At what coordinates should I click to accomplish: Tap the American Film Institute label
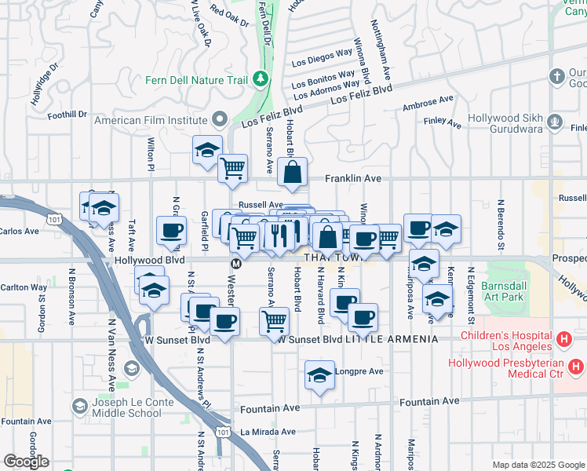click(150, 121)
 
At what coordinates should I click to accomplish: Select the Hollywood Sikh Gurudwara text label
click(506, 122)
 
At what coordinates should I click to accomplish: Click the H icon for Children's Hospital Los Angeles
click(563, 340)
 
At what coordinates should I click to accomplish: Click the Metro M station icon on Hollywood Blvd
click(235, 262)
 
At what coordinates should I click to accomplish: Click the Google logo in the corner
click(26, 462)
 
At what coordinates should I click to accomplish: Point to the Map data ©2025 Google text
click(538, 465)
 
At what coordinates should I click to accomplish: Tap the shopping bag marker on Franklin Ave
click(292, 173)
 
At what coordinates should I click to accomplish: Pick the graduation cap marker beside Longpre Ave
click(319, 375)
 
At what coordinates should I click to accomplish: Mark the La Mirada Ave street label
click(268, 432)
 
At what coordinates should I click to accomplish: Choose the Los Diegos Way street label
click(322, 57)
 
